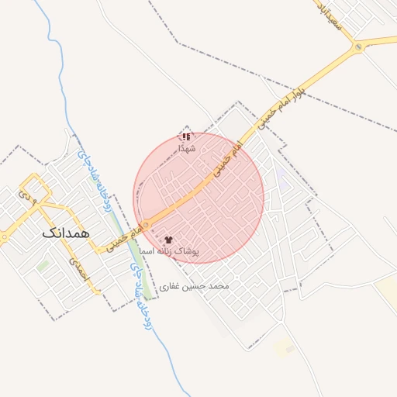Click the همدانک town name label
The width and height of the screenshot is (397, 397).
(x=67, y=232)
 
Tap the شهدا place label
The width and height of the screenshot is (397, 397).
(x=187, y=148)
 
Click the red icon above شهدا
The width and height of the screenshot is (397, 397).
(x=186, y=136)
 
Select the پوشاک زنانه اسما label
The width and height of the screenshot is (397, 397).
(x=170, y=252)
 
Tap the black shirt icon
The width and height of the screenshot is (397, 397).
(x=169, y=240)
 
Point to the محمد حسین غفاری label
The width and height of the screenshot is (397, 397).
(x=195, y=286)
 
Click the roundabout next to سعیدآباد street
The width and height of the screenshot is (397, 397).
(x=357, y=47)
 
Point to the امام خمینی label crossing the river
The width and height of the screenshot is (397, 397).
(x=128, y=236)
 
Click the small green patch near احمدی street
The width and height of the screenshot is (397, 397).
(x=43, y=265)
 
